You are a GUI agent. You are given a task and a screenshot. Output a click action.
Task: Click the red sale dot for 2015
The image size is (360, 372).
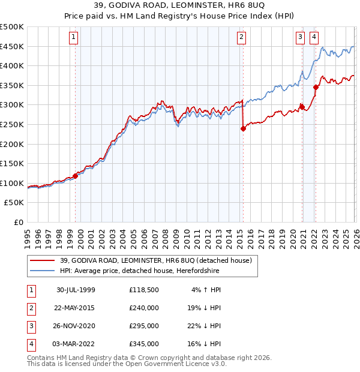coord(243,128)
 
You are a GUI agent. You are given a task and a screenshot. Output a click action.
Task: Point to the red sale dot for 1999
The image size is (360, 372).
coord(76,176)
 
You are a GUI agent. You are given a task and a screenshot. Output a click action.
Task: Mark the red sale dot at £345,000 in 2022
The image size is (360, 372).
coord(316,88)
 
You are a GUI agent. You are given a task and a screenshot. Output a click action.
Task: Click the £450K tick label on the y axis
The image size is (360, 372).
coord(13,46)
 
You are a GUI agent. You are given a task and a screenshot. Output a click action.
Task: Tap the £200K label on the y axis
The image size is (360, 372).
coord(13,144)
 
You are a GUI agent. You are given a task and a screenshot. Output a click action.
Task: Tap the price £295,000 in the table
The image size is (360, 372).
coord(144,326)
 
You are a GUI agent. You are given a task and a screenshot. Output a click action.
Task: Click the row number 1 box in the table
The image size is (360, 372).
coord(31,290)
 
